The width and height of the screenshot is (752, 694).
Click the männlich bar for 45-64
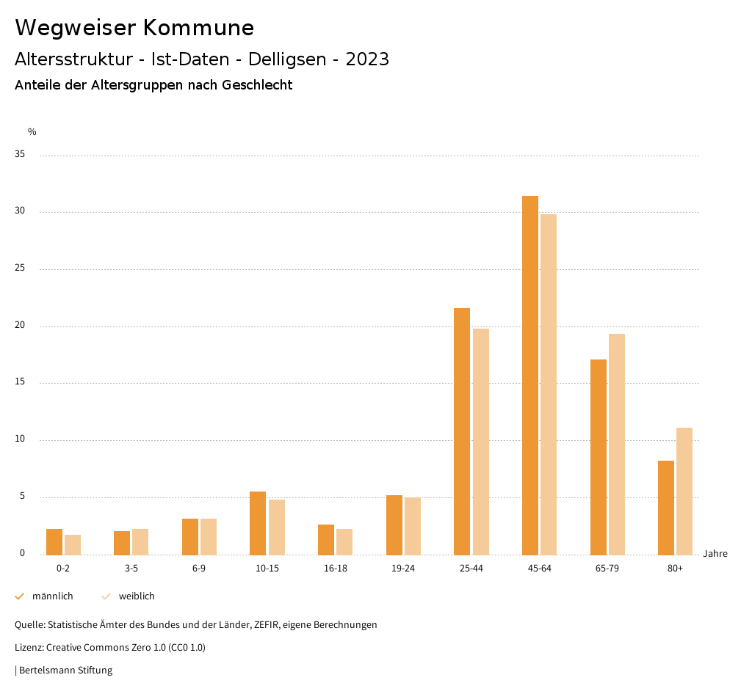click(530, 375)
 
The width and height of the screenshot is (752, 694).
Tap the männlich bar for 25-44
click(462, 431)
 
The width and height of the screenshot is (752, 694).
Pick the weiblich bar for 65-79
click(617, 444)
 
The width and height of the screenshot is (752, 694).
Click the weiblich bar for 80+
click(684, 491)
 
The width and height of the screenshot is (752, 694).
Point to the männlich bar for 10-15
click(258, 523)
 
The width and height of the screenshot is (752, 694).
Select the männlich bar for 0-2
click(54, 541)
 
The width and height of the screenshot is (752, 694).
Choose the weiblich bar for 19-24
click(413, 526)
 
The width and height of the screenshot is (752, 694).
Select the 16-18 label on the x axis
click(335, 569)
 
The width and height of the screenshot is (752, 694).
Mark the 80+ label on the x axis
click(675, 569)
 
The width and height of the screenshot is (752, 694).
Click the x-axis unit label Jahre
click(715, 554)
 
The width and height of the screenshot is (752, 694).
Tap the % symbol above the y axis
click(32, 132)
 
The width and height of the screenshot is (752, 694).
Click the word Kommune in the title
click(198, 28)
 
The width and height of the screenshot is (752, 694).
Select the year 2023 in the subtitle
click(367, 59)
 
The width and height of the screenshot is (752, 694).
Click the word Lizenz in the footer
click(29, 648)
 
